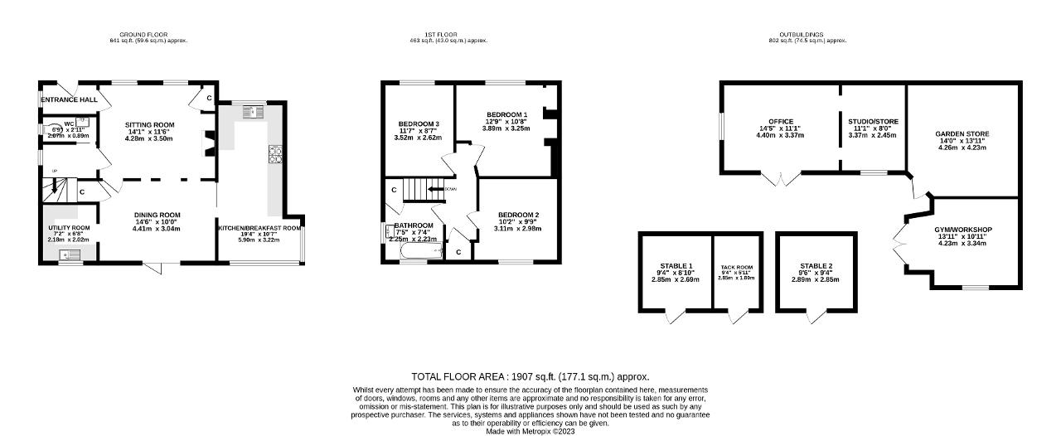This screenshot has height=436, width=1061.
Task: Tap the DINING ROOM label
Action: [x=156, y=215]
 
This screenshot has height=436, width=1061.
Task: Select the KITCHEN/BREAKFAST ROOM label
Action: [x=259, y=227]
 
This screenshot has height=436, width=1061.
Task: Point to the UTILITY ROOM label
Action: [x=69, y=228]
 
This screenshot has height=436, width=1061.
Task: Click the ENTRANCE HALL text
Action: [x=70, y=100]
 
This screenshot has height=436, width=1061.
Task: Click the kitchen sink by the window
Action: [x=253, y=113]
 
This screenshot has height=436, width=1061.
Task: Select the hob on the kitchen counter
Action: [x=274, y=153]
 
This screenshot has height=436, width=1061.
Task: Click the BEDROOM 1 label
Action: [x=506, y=114]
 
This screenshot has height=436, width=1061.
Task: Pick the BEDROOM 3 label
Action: [x=419, y=124]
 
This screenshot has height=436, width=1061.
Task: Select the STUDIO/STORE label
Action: [x=873, y=122]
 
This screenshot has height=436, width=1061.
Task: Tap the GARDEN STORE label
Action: [x=962, y=134]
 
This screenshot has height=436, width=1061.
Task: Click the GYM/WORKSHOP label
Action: [x=962, y=230]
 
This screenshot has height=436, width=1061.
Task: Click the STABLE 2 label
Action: [x=816, y=266]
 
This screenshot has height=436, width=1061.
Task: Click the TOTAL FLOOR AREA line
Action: [x=530, y=376]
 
